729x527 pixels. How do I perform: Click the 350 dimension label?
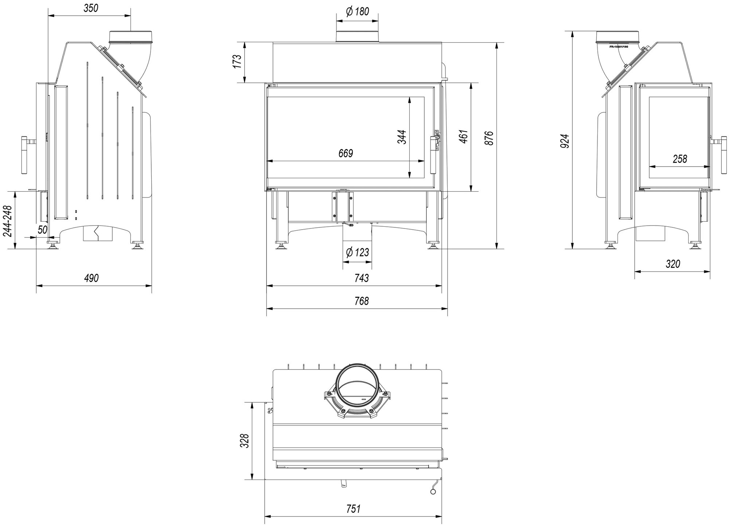pyautogui.click(x=91, y=8)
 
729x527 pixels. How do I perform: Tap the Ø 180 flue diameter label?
pyautogui.click(x=357, y=12)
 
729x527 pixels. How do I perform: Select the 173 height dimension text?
pyautogui.click(x=238, y=62)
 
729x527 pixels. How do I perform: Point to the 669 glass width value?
pyautogui.click(x=346, y=153)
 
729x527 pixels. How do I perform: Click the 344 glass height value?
pyautogui.click(x=402, y=137)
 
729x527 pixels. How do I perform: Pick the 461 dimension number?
pyautogui.click(x=464, y=136)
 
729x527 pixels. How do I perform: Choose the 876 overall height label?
pyautogui.click(x=490, y=138)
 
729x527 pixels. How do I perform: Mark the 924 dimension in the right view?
pyautogui.click(x=565, y=141)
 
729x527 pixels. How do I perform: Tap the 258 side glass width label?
pyautogui.click(x=680, y=159)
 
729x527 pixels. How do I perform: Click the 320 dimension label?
pyautogui.click(x=673, y=263)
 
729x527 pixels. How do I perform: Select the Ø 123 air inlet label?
pyautogui.click(x=357, y=252)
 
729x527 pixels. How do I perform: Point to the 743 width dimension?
pyautogui.click(x=361, y=278)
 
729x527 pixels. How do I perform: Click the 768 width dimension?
pyautogui.click(x=361, y=301)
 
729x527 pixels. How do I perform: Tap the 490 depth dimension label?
pyautogui.click(x=91, y=278)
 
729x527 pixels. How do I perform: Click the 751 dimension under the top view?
pyautogui.click(x=353, y=508)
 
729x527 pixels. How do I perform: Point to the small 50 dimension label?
pyautogui.click(x=43, y=230)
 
